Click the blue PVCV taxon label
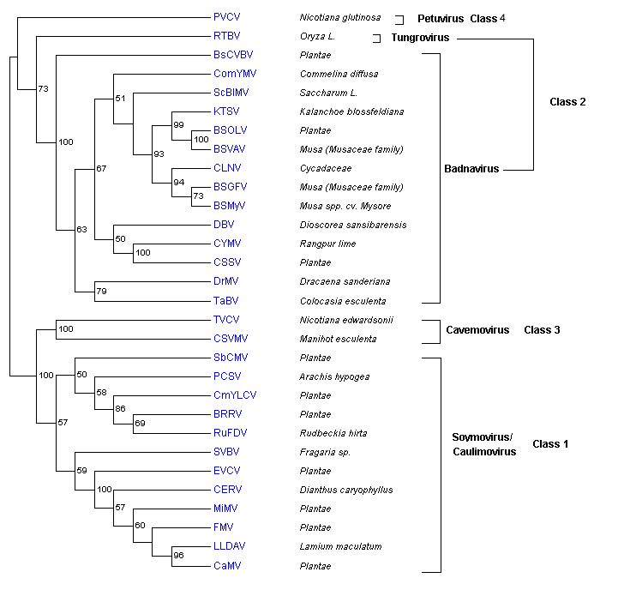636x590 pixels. point(226,17)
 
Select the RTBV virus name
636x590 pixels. point(226,36)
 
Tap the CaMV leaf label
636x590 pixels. point(226,566)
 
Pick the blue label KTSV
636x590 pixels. point(226,111)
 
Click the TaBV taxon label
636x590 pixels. point(225,300)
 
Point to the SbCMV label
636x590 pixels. point(230,358)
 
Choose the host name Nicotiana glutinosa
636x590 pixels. point(340,17)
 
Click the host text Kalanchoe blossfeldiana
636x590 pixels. point(352,111)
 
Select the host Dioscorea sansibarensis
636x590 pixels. point(353,225)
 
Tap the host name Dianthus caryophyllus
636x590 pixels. point(345,491)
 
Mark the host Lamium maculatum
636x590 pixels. point(339,547)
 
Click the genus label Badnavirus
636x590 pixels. point(474,170)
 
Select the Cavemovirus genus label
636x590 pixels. point(477,329)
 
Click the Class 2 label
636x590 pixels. point(567,102)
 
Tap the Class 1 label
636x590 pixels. point(549,443)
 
